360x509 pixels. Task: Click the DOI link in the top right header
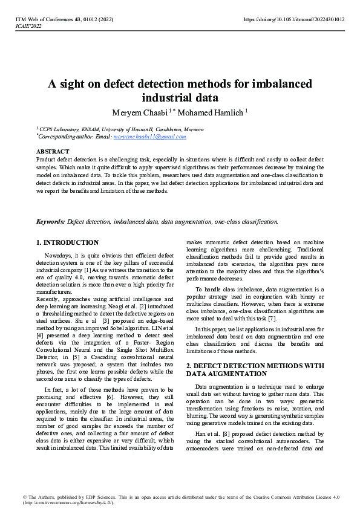(x=293, y=19)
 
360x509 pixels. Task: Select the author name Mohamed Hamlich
(x=211, y=112)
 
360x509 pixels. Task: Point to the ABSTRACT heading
(x=53, y=151)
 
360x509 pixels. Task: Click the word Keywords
(x=50, y=221)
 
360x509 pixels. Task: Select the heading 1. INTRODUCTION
(x=67, y=242)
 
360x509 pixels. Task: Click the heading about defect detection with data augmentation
(x=254, y=369)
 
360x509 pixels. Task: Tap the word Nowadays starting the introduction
(x=61, y=256)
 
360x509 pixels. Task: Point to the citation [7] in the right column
(x=272, y=318)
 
